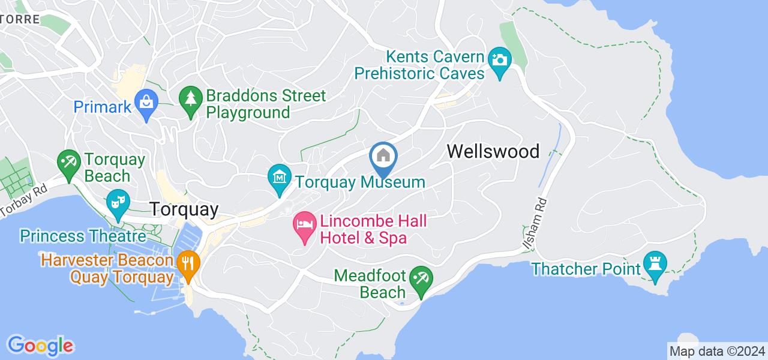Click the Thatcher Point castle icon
653,265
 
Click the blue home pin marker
383,157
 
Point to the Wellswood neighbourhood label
493,151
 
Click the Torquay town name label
184,209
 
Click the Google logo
40,346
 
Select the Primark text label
102,107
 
